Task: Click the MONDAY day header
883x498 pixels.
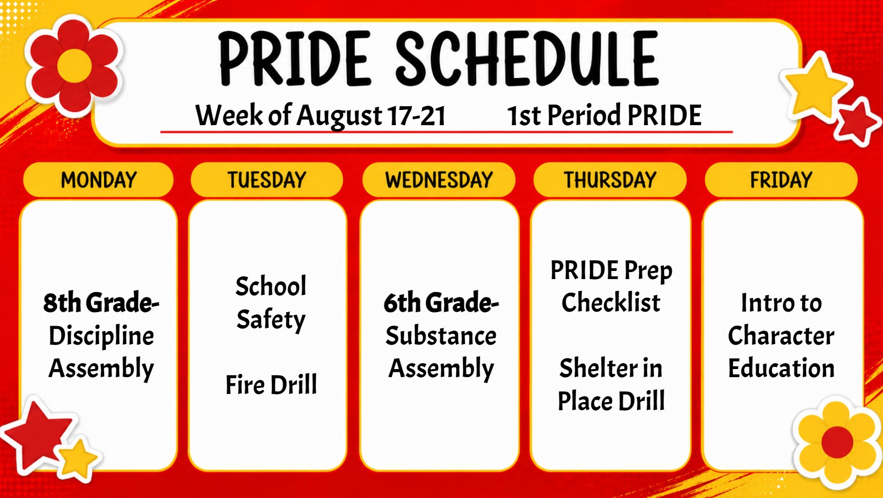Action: coord(99,180)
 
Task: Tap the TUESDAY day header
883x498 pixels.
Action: coord(267,180)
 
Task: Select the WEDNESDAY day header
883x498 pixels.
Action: coord(439,180)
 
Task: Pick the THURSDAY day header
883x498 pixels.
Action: coord(610,180)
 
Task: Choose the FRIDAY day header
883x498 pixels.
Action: coord(781,180)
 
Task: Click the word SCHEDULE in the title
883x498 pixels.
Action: coord(527,59)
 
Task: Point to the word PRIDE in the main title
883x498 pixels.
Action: coord(295,59)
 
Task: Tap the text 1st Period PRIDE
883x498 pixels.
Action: coord(605,115)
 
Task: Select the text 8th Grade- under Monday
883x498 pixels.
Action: coord(101,303)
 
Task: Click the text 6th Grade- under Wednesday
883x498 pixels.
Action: coord(441,303)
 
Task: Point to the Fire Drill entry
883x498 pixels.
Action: coord(271,385)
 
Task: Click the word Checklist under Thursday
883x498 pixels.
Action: coord(611,302)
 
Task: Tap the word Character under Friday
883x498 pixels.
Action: coord(781,336)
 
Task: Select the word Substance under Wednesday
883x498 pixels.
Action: coord(441,336)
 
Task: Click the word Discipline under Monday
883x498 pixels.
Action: coord(101,337)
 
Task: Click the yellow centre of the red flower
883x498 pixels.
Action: coord(75,66)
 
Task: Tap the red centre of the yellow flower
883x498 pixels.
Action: coord(837,442)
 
